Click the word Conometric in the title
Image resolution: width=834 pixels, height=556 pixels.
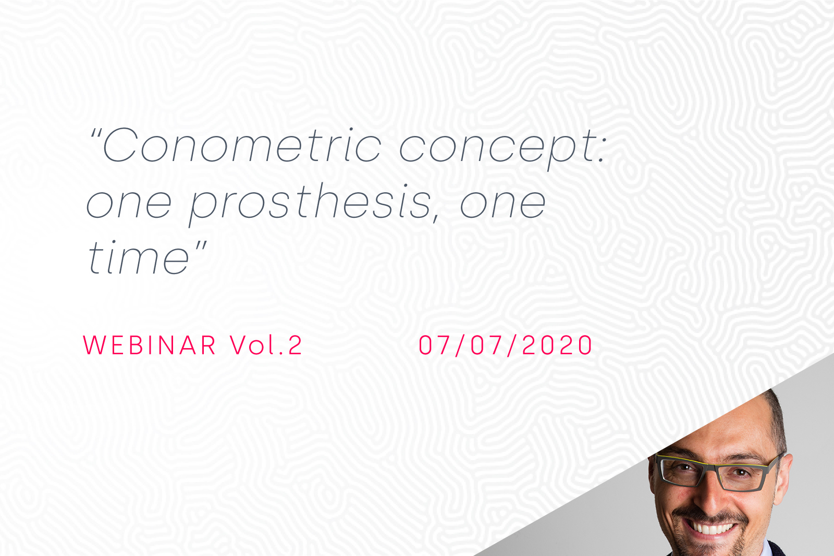pos(242,145)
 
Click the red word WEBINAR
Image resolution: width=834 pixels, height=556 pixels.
pos(149,345)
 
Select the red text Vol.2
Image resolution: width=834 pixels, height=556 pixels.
pos(266,345)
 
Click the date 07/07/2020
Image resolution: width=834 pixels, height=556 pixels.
pos(505,345)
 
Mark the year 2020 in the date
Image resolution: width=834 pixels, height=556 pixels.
pos(557,345)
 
